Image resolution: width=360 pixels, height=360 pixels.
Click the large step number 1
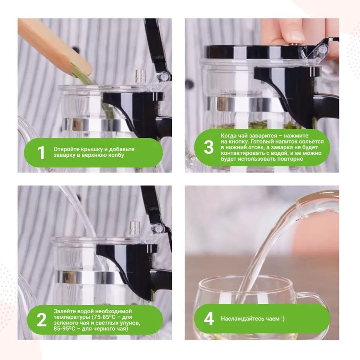pyautogui.click(x=41, y=152)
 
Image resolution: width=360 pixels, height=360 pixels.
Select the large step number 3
pyautogui.click(x=208, y=147)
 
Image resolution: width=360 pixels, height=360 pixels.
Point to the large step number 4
pyautogui.click(x=209, y=319)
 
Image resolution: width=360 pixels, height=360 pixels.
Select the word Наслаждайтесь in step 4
pyautogui.click(x=239, y=319)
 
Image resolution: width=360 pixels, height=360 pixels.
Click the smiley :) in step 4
pyautogui.click(x=282, y=319)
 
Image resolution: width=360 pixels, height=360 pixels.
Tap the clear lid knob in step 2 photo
pyautogui.click(x=135, y=228)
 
